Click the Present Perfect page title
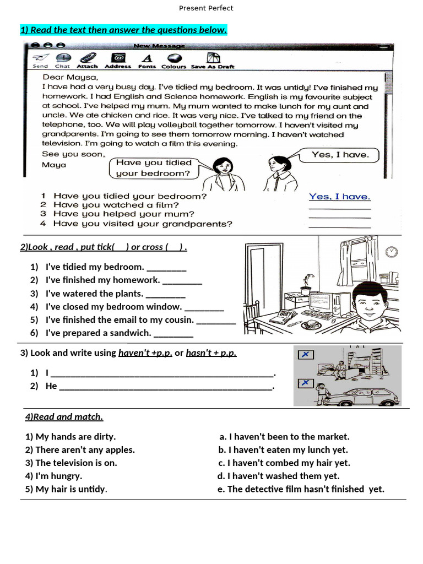pyautogui.click(x=206, y=8)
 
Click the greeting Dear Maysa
pyautogui.click(x=70, y=77)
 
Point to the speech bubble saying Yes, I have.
pyautogui.click(x=340, y=155)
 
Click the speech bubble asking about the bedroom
pyautogui.click(x=154, y=168)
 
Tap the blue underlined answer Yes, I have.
pyautogui.click(x=339, y=196)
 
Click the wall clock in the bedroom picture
pyautogui.click(x=392, y=252)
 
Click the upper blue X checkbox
pyautogui.click(x=305, y=354)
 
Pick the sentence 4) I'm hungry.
pyautogui.click(x=53, y=476)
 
